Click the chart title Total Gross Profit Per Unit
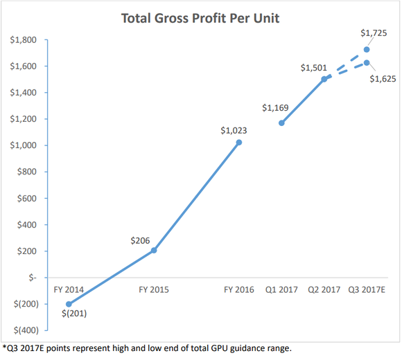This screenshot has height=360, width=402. click(200, 18)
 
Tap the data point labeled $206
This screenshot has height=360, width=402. click(154, 250)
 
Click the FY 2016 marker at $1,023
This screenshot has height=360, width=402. click(238, 143)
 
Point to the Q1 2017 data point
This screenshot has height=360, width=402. click(281, 123)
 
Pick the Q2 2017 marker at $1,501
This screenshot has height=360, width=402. click(324, 80)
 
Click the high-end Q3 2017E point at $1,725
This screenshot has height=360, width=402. click(367, 50)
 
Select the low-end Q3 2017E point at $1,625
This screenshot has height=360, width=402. click(367, 63)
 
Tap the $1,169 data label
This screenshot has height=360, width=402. click(275, 108)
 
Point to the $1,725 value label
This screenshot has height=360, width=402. click(374, 33)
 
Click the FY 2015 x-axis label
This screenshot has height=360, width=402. click(154, 289)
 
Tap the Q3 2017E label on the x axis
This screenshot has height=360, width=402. click(367, 289)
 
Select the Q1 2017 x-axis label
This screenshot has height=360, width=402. click(281, 289)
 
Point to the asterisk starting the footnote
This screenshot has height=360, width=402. click(4, 346)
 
